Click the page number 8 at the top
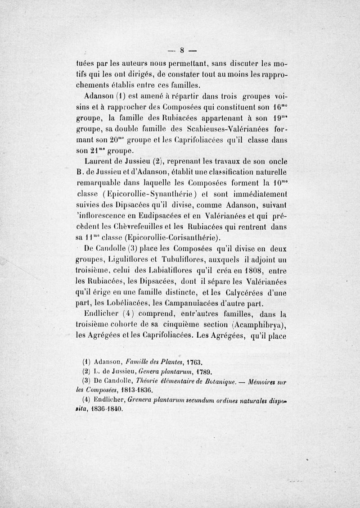(183, 50)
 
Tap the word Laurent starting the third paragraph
(99, 161)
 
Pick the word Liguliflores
(121, 260)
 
